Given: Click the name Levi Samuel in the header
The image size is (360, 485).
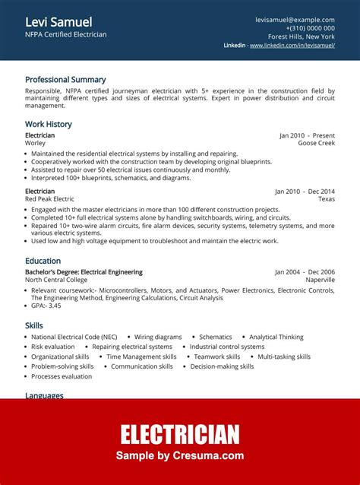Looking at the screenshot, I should click(58, 21).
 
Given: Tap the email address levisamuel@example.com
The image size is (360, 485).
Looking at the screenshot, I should click(295, 20).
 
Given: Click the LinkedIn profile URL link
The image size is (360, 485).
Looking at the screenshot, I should click(292, 46).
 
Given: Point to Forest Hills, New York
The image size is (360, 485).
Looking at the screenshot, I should click(301, 36).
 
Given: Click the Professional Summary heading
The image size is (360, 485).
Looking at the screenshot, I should click(65, 79).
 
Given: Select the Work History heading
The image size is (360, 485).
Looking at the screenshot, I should click(49, 124).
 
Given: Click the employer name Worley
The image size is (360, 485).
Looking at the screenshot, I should click(35, 143).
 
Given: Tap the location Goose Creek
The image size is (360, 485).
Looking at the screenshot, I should click(316, 143).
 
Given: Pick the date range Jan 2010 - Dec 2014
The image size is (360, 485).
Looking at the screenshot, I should click(305, 192).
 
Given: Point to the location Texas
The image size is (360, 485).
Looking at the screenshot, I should click(326, 199).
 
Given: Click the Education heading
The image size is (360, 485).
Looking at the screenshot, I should click(43, 261).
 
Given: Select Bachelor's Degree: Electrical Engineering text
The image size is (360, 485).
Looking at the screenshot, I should click(84, 272).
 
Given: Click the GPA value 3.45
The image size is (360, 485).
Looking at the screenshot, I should click(53, 306).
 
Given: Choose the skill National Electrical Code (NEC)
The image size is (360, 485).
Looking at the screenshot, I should click(74, 337).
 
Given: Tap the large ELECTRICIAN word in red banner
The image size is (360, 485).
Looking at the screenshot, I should click(180, 434).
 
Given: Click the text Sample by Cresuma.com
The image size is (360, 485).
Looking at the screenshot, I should click(180, 456).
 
